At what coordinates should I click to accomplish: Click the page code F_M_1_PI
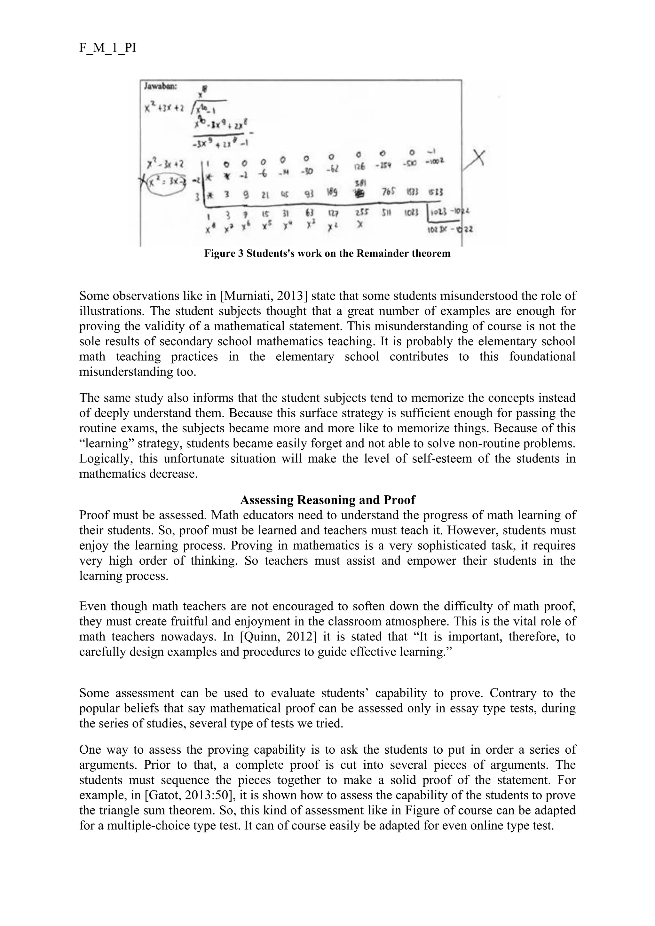tap(108, 48)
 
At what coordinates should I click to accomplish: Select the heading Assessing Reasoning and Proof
tap(327, 500)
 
